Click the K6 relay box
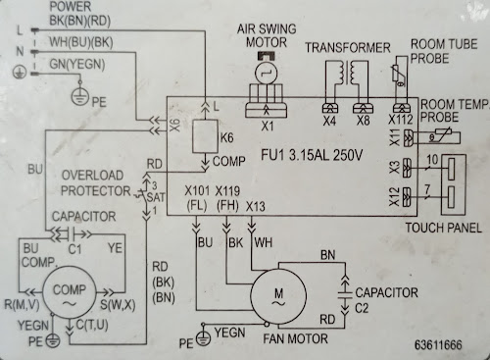205,136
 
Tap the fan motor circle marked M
278,296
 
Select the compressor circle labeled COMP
70,291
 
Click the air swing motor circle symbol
267,73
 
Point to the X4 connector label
329,122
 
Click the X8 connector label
363,121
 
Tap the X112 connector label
401,120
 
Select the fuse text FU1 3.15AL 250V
312,155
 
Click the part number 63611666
438,344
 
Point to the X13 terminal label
256,206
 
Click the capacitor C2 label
362,308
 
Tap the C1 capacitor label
74,249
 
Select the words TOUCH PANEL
443,228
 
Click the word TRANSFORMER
348,48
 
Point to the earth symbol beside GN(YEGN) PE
80,97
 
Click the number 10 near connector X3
432,160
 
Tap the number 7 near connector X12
427,189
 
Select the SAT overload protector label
156,197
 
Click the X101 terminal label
196,190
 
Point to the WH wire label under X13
263,242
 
